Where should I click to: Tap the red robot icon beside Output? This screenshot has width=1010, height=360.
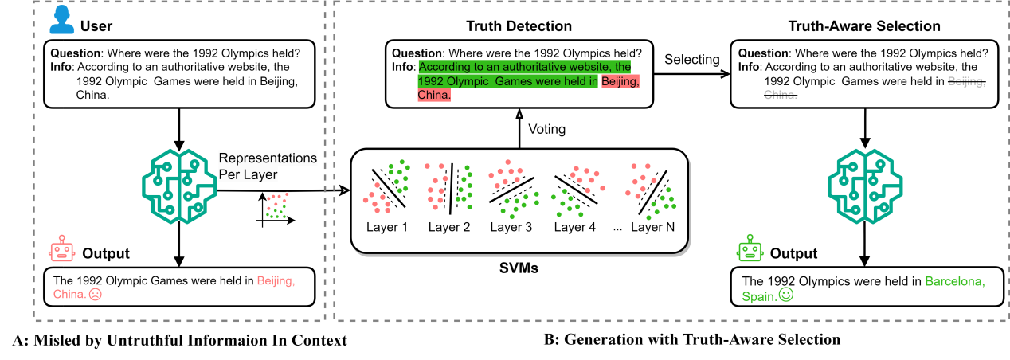[61, 249]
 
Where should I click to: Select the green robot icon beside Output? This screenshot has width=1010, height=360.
[749, 249]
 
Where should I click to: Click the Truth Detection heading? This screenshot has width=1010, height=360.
[519, 26]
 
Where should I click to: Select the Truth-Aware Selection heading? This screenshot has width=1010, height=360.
[864, 26]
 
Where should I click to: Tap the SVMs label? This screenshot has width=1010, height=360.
[518, 268]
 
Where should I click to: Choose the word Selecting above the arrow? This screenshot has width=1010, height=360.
[691, 60]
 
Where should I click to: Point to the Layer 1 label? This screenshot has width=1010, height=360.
[387, 227]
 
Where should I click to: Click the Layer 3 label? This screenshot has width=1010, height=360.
[511, 227]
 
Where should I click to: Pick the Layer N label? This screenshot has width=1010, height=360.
[652, 227]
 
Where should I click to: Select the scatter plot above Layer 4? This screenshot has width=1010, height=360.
[574, 189]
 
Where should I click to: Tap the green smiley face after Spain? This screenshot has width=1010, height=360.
[785, 295]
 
